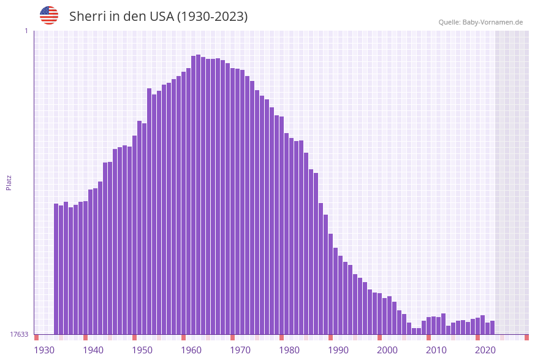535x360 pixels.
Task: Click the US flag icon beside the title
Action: (49, 15)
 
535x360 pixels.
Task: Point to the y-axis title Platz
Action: (9, 182)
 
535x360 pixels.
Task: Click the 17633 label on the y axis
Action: (19, 334)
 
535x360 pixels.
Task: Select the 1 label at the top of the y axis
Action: (26, 31)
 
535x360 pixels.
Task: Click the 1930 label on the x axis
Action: (44, 350)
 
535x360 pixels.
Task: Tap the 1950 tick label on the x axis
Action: (142, 350)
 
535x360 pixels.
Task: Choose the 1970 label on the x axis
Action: (240, 350)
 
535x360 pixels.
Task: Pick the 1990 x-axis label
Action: (338, 350)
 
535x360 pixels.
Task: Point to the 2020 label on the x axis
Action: (485, 350)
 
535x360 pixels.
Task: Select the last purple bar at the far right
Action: (492, 327)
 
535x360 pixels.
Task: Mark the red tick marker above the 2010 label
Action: (428, 337)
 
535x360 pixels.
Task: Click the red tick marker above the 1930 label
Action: (37, 337)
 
